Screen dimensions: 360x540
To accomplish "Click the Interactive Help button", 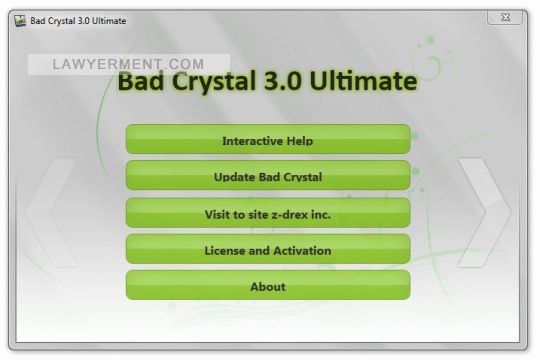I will point(267,140).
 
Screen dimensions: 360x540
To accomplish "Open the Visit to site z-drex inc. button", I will point(267,214).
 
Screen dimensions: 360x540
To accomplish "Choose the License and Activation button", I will point(267,250).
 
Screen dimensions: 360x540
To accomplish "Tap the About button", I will point(267,287).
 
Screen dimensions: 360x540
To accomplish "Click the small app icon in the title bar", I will point(18,20).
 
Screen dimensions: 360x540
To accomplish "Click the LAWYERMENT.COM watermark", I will point(130,64).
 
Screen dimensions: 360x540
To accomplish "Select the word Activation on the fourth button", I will point(298,250).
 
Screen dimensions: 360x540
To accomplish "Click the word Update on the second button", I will point(236,177).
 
